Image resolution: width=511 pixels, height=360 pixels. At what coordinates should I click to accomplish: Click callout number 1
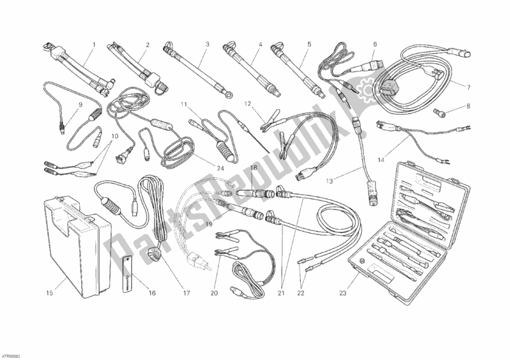click(94, 44)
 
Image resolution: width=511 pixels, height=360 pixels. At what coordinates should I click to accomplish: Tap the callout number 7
click(468, 87)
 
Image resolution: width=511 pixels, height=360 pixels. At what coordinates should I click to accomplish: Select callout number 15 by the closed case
click(49, 293)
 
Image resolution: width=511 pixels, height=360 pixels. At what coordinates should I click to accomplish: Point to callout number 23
click(342, 293)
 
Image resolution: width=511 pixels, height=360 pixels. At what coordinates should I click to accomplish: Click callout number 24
click(220, 169)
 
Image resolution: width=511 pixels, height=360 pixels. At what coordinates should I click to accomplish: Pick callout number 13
click(329, 181)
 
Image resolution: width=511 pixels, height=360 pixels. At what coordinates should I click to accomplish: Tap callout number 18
click(254, 167)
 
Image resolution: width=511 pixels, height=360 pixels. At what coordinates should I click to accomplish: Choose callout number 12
click(248, 104)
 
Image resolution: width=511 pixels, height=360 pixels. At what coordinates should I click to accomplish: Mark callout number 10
click(114, 136)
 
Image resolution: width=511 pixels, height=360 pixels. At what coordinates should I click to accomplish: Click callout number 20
click(214, 293)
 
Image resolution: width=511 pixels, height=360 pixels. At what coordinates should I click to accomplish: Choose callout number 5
click(309, 44)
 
